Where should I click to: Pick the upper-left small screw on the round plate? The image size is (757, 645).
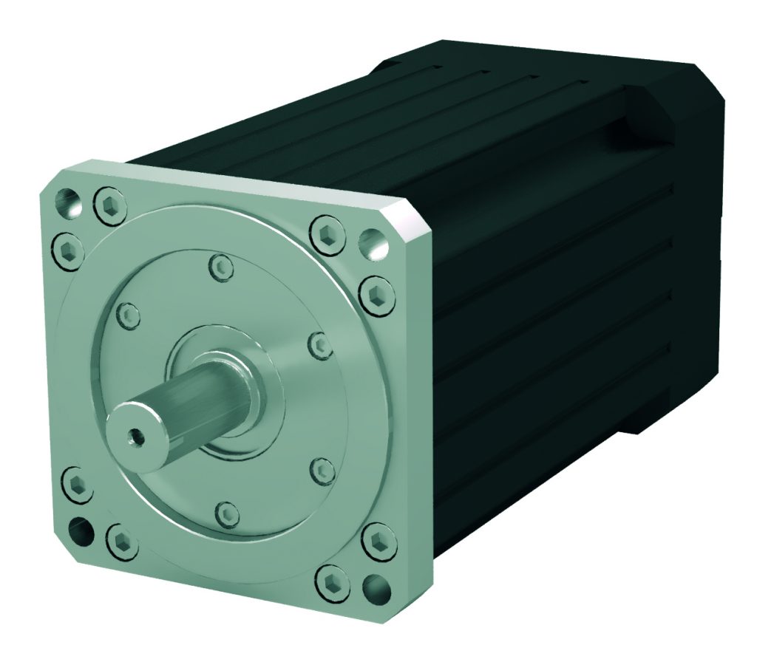click(129, 316)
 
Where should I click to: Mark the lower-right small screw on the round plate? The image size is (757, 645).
click(320, 466)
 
